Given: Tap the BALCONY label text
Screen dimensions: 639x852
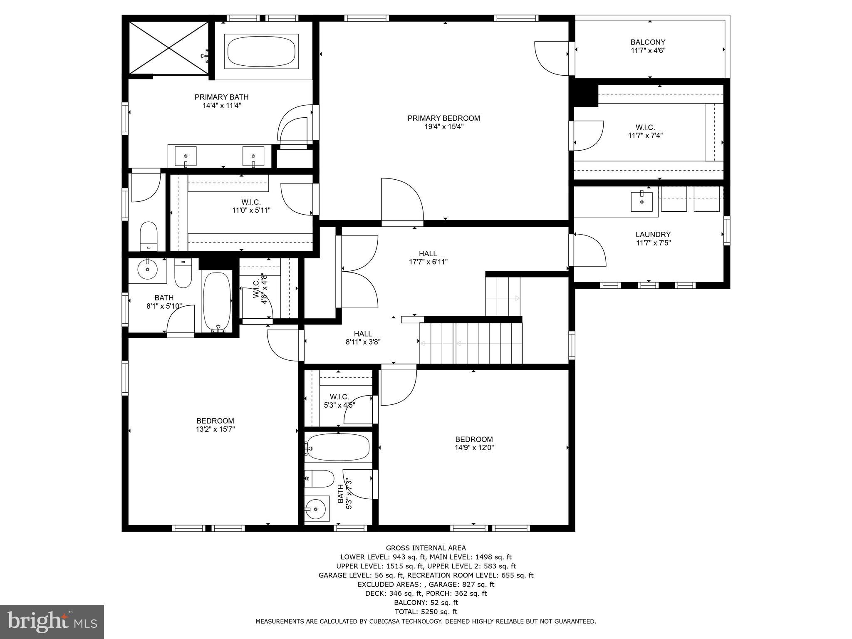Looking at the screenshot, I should click(x=648, y=42).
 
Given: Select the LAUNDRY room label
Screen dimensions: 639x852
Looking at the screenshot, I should click(x=653, y=234).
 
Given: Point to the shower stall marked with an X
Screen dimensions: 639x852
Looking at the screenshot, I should click(x=168, y=47).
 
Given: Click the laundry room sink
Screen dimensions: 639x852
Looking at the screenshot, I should click(x=641, y=202).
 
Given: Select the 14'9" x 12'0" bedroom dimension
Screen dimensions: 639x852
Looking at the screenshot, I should click(x=474, y=448).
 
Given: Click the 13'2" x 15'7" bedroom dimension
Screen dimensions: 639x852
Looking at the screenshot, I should click(x=215, y=429).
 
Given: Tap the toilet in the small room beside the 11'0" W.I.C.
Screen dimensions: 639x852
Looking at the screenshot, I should click(x=148, y=235).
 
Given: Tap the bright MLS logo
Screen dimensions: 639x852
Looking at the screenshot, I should click(x=52, y=622).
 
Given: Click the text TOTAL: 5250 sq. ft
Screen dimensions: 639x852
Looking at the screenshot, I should click(x=426, y=612).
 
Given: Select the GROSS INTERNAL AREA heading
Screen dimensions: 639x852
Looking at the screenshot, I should click(x=426, y=548).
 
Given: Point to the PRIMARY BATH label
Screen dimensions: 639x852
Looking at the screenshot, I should click(x=221, y=97).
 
